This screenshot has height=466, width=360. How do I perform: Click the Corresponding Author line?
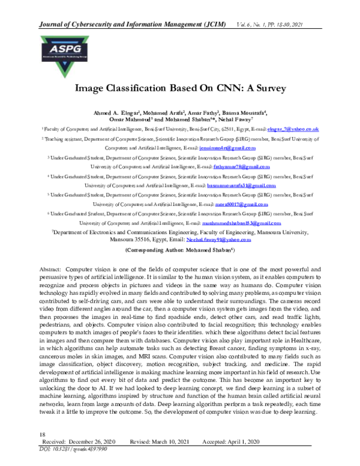[x=180, y=249]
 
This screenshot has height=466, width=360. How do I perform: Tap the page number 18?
[x=42, y=434]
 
